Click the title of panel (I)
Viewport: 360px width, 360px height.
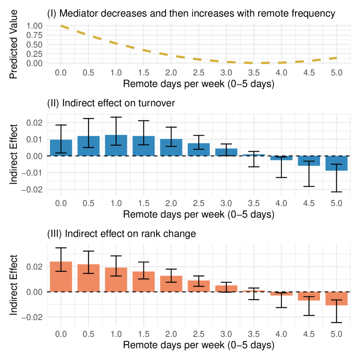(x=191, y=14)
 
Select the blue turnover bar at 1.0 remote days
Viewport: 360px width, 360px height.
(x=116, y=145)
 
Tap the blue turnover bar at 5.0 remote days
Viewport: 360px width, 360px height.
(x=336, y=163)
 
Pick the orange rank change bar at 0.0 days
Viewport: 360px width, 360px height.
(x=61, y=276)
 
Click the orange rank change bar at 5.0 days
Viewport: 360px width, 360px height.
(x=336, y=298)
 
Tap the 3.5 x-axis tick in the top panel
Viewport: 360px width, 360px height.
(x=254, y=73)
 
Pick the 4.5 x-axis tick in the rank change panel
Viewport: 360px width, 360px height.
(x=309, y=334)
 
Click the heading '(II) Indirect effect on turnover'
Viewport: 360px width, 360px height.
(x=111, y=104)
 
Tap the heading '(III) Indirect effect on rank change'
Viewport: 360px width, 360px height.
(x=122, y=234)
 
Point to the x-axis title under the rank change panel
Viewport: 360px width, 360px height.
(x=198, y=345)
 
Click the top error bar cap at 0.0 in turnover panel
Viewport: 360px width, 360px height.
(x=61, y=125)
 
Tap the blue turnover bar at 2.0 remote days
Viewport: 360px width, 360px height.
(x=171, y=148)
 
